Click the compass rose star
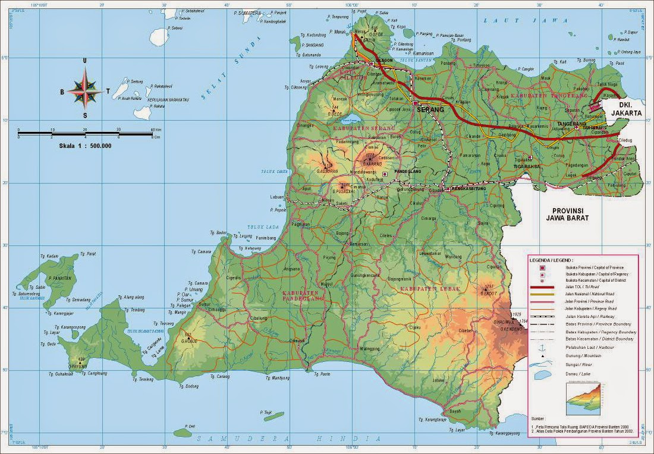pos(85,90)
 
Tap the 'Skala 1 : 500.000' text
pos(85,146)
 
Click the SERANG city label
pos(430,110)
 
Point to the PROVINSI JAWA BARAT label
pos(570,215)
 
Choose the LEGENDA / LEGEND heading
pos(552,260)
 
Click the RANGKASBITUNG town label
pos(469,188)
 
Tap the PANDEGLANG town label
pos(405,172)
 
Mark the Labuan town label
pos(277,197)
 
